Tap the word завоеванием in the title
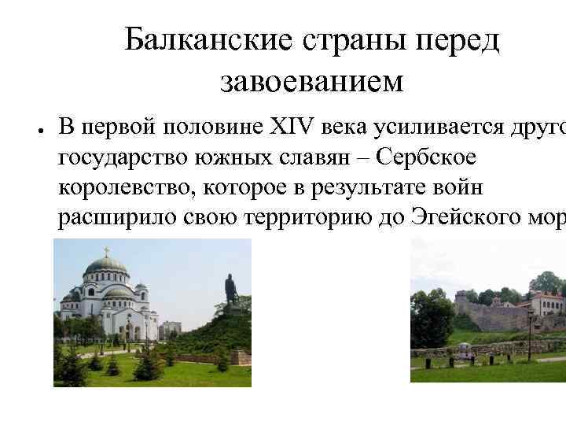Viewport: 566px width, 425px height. click(312, 80)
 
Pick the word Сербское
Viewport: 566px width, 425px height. click(426, 157)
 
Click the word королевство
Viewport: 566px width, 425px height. click(127, 188)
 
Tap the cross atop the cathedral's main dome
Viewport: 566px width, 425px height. click(105, 252)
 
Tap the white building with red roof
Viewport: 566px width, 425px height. click(547, 303)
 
